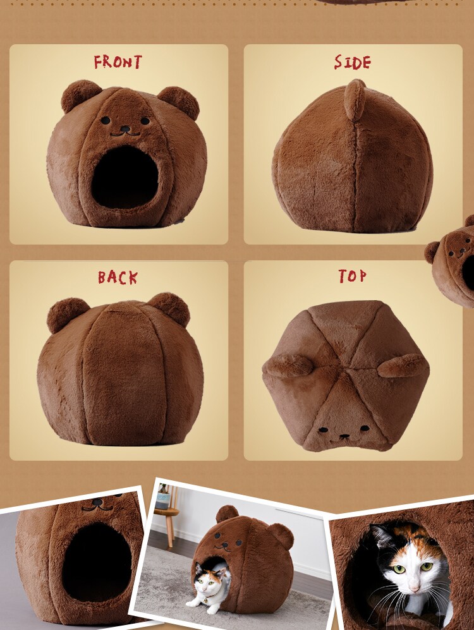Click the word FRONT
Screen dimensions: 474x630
(x=118, y=62)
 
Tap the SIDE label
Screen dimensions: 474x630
(x=352, y=63)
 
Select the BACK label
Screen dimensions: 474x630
(x=118, y=277)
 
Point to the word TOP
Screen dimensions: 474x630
(x=352, y=276)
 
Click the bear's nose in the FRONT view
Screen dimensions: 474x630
(x=125, y=129)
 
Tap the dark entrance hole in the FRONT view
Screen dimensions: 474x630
(x=125, y=177)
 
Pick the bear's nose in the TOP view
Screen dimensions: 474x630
(x=344, y=436)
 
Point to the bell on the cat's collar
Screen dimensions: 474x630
(x=205, y=601)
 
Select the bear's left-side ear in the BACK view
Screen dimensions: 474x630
(x=68, y=314)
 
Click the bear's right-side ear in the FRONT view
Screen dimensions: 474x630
(x=179, y=102)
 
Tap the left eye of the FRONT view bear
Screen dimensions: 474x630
(x=106, y=119)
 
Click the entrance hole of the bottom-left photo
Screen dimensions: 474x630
(x=97, y=562)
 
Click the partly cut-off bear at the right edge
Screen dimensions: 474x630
(x=452, y=261)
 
